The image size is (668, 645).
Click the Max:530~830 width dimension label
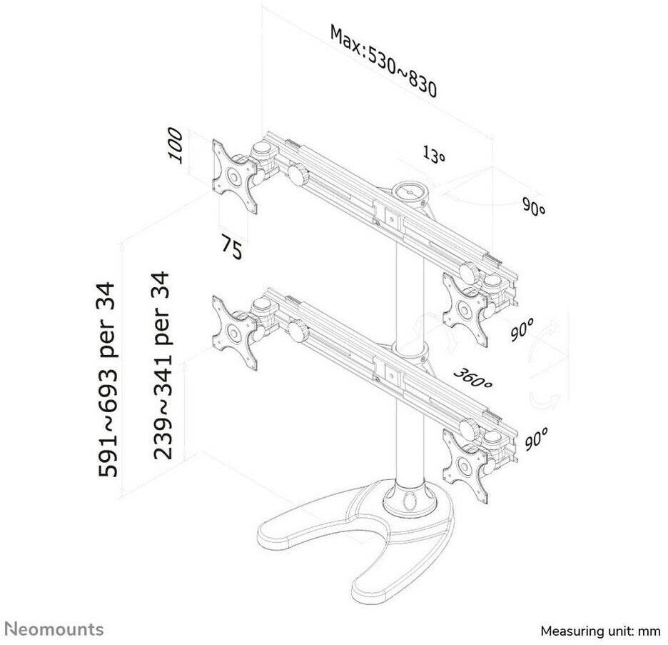point(383,61)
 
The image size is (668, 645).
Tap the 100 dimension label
point(178,146)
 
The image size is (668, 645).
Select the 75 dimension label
point(231,248)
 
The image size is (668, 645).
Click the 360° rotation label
point(473,379)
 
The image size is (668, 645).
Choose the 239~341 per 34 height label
point(162,365)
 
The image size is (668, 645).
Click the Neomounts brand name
point(54,629)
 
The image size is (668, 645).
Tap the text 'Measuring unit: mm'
point(601,631)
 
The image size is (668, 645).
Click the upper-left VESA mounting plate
point(233,175)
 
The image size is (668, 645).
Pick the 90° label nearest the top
point(533,209)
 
